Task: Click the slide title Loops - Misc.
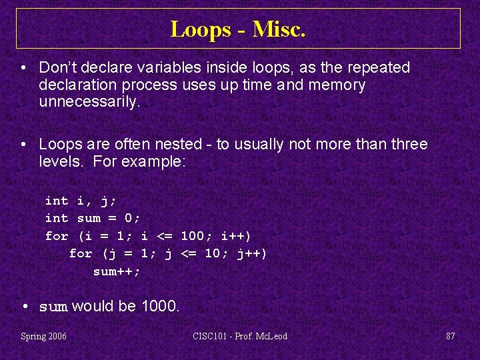(238, 29)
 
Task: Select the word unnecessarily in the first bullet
(89, 102)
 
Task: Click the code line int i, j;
(77, 201)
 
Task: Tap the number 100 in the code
(193, 236)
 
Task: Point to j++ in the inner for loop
(251, 253)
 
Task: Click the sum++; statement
(117, 271)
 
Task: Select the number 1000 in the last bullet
(159, 307)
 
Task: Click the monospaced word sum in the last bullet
(53, 307)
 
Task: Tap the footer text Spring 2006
(43, 336)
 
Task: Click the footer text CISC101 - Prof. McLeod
(240, 336)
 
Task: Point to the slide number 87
(451, 336)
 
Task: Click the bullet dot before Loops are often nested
(23, 144)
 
